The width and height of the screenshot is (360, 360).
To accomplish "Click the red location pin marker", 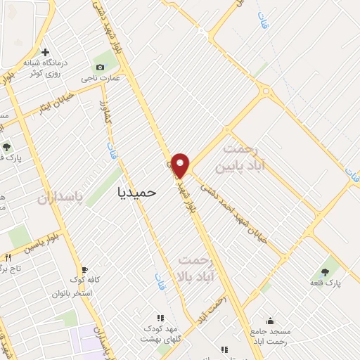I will [x=181, y=165].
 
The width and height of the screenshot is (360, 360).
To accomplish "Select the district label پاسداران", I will [x=60, y=199].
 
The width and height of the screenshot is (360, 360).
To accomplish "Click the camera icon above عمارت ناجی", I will [x=100, y=67].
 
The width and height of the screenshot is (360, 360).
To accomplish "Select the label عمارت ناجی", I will [x=101, y=77].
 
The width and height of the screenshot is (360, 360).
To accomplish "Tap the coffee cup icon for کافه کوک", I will [x=84, y=269].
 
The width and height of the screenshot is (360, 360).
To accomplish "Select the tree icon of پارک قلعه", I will [x=326, y=271].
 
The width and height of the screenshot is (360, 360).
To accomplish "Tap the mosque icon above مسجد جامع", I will [x=271, y=321].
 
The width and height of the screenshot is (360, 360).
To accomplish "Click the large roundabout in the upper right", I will [x=264, y=91].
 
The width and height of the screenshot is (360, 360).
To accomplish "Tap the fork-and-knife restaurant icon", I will [x=8, y=257].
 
